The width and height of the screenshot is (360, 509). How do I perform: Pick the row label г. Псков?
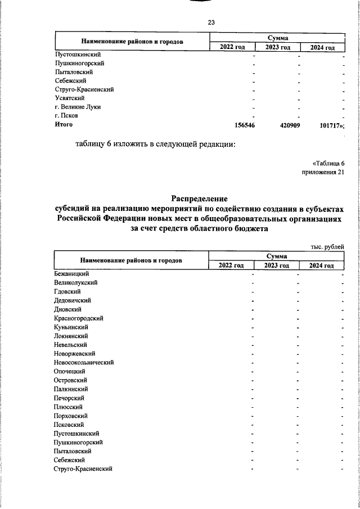[x=66, y=115]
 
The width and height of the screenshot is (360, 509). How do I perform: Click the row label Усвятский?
[x=70, y=98]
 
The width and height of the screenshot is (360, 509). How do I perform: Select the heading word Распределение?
[x=199, y=199]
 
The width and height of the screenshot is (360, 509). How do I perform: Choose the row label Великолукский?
[x=76, y=282]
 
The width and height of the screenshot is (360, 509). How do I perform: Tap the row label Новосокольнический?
[x=84, y=363]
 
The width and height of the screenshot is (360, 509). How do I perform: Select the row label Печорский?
[x=70, y=398]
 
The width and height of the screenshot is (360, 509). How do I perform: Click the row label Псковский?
[x=70, y=425]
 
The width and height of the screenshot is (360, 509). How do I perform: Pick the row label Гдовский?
[x=67, y=291]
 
